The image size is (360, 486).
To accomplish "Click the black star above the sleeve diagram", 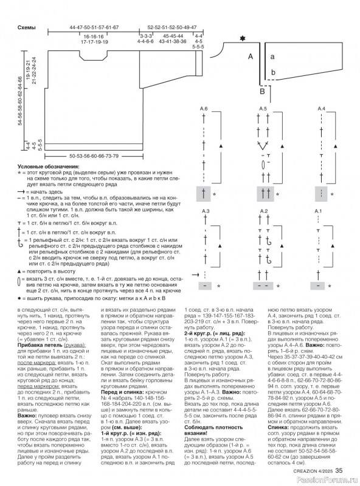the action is [x=243, y=40].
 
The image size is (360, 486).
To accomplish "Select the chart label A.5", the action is [x=263, y=108].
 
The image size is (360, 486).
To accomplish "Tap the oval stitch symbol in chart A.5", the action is [x=263, y=164].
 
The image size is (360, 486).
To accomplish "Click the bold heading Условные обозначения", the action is [x=46, y=166].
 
